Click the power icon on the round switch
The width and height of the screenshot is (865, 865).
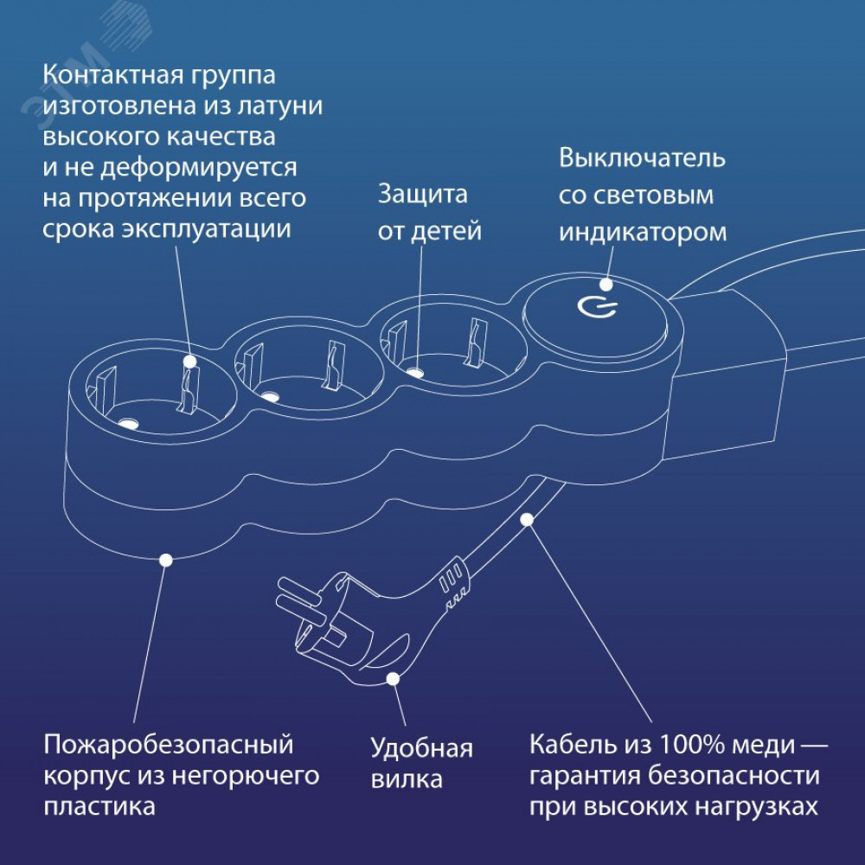(597, 307)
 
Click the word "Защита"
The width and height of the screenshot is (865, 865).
(422, 195)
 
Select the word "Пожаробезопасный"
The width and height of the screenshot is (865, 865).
(169, 745)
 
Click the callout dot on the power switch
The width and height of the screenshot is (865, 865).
(606, 283)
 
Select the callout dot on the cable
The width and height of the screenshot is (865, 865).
(526, 520)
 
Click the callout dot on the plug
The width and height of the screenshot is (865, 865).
(393, 679)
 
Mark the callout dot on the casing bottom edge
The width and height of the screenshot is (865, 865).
(166, 560)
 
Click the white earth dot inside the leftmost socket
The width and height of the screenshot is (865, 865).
(129, 424)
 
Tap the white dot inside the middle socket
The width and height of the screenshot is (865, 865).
(271, 397)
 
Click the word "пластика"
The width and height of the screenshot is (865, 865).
(99, 807)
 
